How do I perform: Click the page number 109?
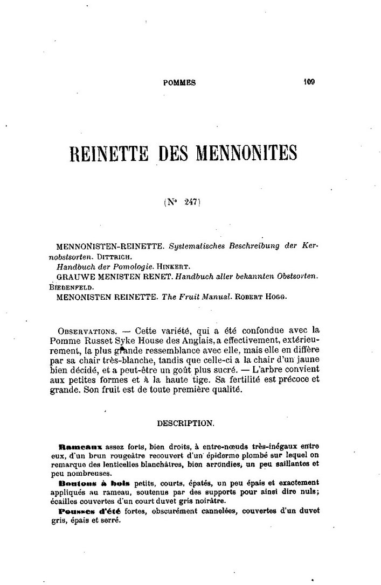(x=309, y=83)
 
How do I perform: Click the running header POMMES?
(x=179, y=83)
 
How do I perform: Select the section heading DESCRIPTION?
(x=185, y=424)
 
